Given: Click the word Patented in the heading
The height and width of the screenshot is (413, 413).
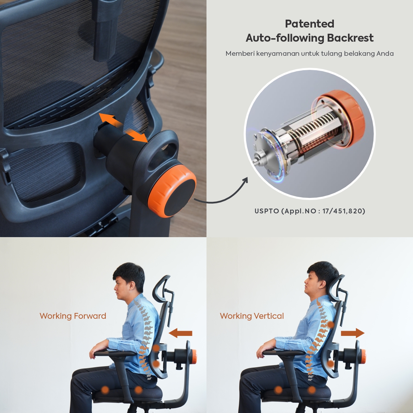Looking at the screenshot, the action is click(x=309, y=24).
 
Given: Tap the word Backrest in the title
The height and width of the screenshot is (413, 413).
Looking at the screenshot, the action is click(x=350, y=38).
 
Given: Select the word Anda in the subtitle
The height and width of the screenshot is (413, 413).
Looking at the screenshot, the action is click(x=385, y=53).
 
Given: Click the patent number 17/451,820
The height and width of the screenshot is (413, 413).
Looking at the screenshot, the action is click(x=344, y=211).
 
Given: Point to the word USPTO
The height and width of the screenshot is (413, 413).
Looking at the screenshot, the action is click(x=267, y=211).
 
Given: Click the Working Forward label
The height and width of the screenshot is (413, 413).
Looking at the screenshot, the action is click(x=73, y=316).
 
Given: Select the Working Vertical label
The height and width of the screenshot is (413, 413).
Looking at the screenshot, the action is click(x=252, y=316).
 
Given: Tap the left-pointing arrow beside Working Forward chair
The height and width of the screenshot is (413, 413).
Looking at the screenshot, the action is click(x=180, y=333).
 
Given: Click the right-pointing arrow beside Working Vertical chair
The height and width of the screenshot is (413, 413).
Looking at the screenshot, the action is click(x=352, y=333).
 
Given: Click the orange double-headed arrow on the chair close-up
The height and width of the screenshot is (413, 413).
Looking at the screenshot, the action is click(x=124, y=128).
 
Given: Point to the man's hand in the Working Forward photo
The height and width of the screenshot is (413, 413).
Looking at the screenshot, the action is click(x=96, y=351).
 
